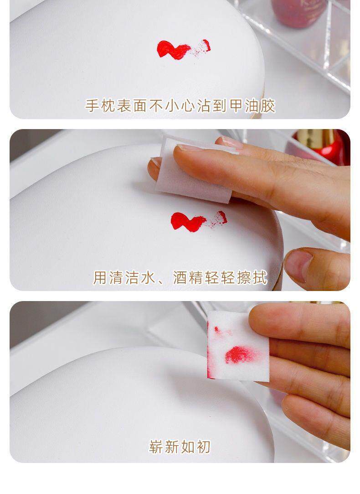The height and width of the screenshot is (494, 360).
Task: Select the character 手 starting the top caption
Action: tap(92, 106)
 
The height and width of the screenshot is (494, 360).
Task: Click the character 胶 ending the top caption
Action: tap(268, 106)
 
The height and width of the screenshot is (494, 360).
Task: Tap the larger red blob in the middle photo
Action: tap(186, 221)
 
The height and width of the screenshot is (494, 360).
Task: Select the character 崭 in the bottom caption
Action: tap(156, 446)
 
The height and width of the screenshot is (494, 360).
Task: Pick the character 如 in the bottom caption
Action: tap(188, 446)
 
